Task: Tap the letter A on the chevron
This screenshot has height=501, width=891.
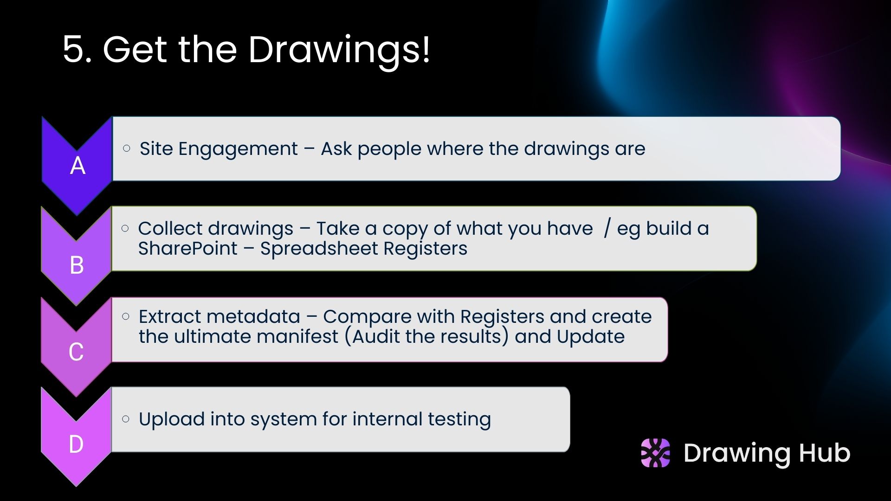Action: (78, 166)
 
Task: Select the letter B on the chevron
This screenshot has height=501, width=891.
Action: (77, 265)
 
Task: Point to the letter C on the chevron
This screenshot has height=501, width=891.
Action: (76, 352)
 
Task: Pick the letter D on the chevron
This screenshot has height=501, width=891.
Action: (76, 444)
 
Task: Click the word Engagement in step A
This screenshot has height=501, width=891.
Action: (238, 149)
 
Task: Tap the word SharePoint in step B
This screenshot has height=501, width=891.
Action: (187, 249)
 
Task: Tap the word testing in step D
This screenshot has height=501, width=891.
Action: (459, 419)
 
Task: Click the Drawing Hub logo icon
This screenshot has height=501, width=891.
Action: (655, 453)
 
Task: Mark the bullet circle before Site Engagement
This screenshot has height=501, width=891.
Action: (127, 148)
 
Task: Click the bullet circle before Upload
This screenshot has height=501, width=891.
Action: (126, 419)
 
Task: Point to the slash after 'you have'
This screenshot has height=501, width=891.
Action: (607, 229)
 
